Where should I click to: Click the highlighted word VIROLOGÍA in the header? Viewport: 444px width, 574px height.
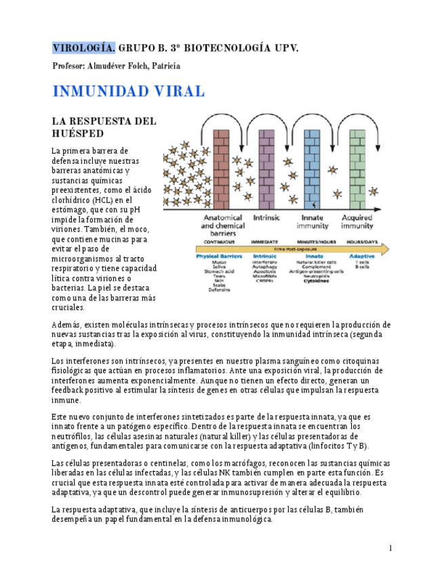point(84,48)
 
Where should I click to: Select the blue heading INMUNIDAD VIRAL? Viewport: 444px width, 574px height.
point(128,91)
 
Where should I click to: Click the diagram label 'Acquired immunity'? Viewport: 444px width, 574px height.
point(357,222)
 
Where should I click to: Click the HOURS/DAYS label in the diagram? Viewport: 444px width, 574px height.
point(360,242)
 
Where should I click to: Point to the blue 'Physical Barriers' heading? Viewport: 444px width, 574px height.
point(219,257)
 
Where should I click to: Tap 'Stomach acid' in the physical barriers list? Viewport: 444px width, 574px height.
point(219,271)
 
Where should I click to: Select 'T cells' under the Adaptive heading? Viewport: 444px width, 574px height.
point(359,262)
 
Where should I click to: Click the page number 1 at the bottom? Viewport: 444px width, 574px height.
point(390,548)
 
